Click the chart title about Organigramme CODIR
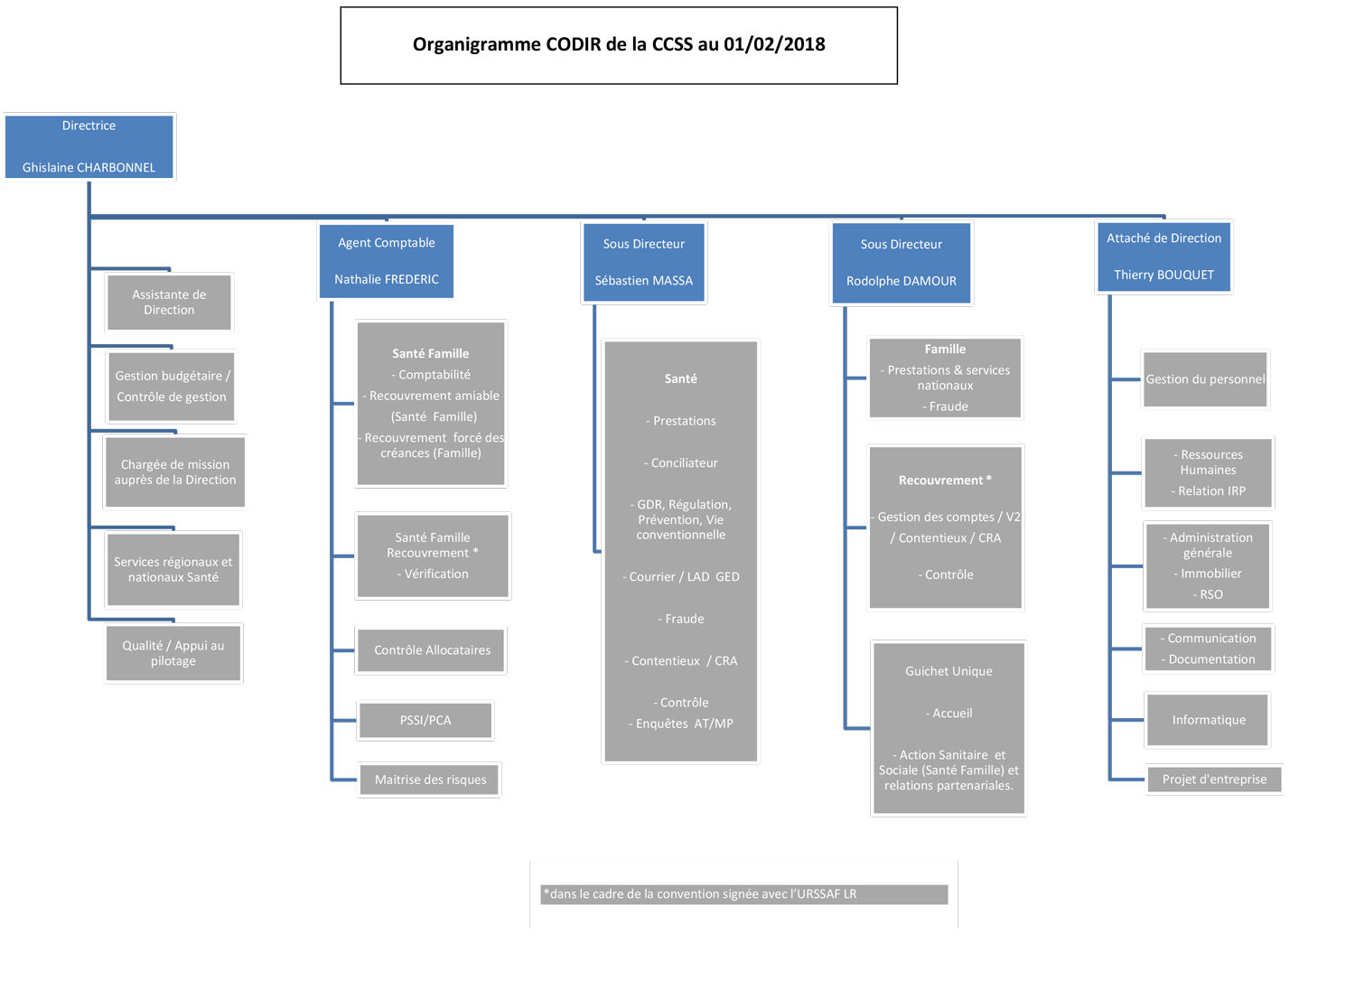tap(618, 44)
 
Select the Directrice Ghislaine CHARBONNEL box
tap(89, 146)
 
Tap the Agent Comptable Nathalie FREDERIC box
tap(387, 261)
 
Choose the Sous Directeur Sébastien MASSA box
tap(643, 262)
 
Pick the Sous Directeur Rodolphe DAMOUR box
tap(901, 263)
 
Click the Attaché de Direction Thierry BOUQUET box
tap(1163, 257)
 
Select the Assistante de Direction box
tap(169, 303)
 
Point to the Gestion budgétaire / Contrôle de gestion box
tap(172, 387)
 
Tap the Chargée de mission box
tap(175, 472)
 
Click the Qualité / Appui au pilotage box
tap(173, 653)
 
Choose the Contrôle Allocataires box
tap(432, 650)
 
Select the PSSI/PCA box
tap(425, 721)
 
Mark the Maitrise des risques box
tap(430, 780)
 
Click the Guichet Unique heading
tap(948, 671)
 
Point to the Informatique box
tap(1208, 720)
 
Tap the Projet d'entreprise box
tap(1214, 780)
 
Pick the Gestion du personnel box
tap(1205, 379)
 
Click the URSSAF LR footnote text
tap(700, 894)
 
